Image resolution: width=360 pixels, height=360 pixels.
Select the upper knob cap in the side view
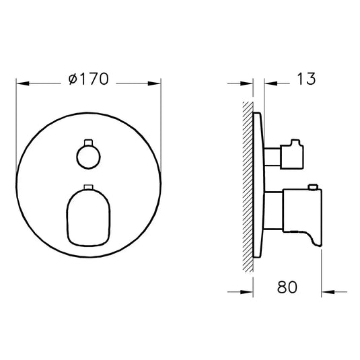click(x=293, y=153)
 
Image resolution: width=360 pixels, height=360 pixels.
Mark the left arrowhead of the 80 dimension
click(x=248, y=291)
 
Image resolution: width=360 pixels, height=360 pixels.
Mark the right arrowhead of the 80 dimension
click(x=326, y=291)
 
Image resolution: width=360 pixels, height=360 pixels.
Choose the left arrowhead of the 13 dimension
click(x=248, y=83)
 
